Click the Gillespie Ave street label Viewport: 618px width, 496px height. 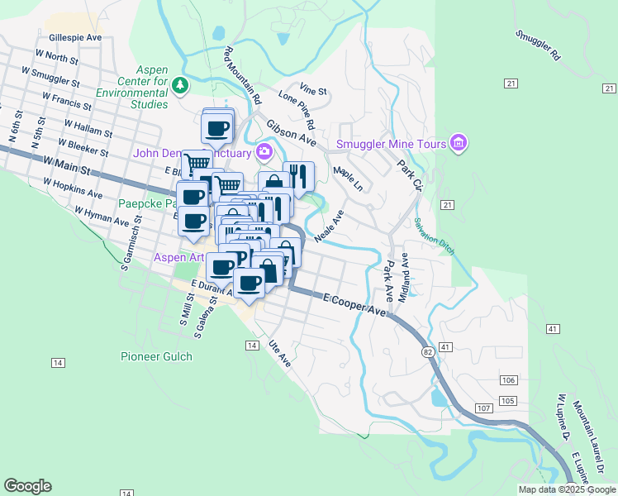[75, 37]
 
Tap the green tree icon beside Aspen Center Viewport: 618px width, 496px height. [179, 84]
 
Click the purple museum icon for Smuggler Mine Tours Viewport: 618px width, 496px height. [459, 144]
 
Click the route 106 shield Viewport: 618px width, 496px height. [507, 380]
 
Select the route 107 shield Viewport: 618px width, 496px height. [484, 409]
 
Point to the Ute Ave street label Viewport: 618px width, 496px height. [281, 354]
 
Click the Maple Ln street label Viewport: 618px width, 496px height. [348, 179]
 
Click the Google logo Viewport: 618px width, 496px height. [28, 486]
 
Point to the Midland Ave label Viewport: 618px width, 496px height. [403, 276]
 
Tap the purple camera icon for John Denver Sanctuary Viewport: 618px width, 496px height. [264, 150]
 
